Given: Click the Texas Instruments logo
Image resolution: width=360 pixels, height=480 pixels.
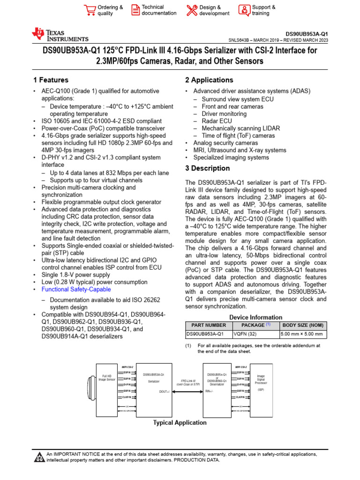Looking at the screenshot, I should click(x=60, y=35).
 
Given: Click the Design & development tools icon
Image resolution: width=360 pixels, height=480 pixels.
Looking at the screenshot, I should click(x=192, y=10).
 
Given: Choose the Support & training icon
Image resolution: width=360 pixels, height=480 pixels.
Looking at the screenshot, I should click(x=244, y=10).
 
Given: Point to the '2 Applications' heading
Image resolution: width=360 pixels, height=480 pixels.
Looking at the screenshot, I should click(x=209, y=80).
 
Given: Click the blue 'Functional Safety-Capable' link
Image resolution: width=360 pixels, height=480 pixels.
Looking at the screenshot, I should click(x=76, y=289).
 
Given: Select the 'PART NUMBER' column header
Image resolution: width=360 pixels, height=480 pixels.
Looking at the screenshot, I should click(x=206, y=325).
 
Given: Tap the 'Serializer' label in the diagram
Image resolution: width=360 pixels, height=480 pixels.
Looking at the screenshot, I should click(x=154, y=382).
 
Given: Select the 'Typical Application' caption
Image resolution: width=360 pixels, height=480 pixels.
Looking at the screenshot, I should click(x=180, y=423).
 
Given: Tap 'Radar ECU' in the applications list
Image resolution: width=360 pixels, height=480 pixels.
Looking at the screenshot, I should click(x=217, y=121).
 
